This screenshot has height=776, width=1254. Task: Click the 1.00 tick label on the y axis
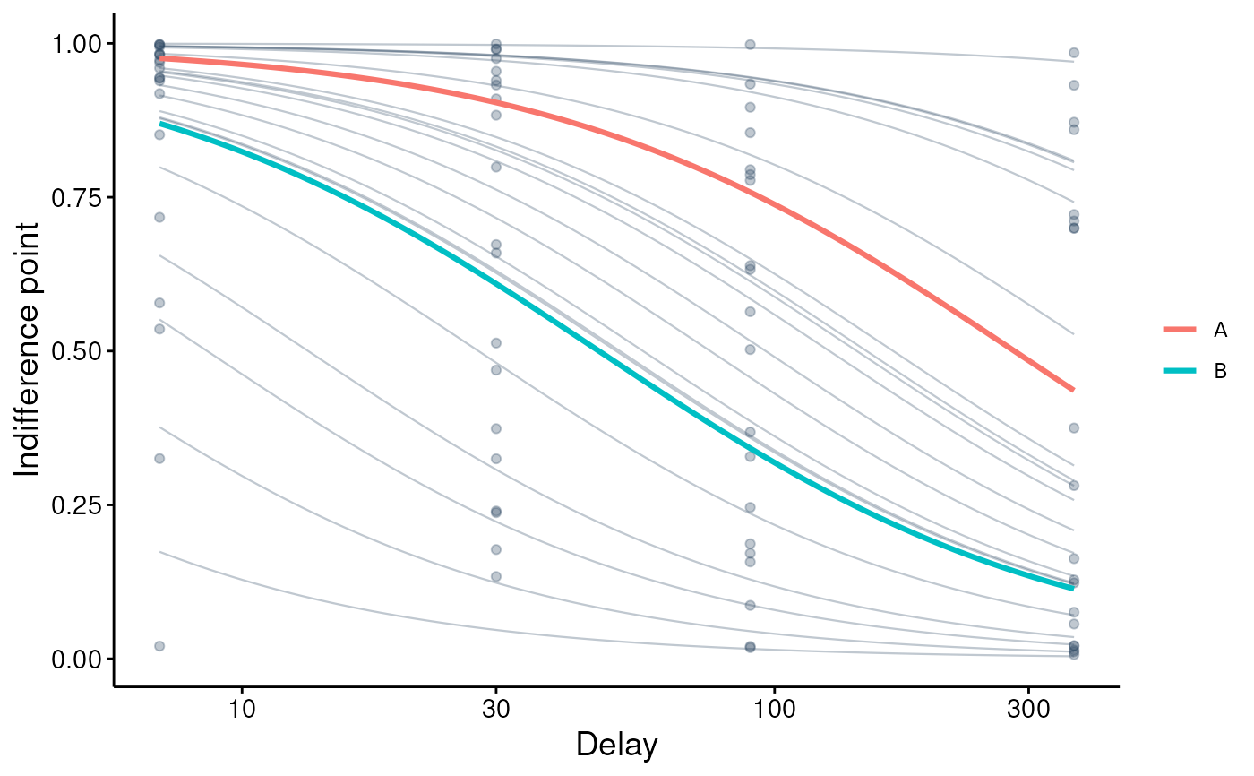coord(76,44)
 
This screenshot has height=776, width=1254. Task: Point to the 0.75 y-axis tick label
coord(76,198)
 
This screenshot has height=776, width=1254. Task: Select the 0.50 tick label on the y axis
coord(76,351)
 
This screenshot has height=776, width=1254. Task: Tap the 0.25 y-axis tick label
coord(76,505)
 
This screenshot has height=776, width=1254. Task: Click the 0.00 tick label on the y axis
coord(76,660)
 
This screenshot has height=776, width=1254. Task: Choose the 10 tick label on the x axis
coord(242,710)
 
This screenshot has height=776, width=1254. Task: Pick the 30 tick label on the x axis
coord(496,710)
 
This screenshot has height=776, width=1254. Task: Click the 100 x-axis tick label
coord(774,710)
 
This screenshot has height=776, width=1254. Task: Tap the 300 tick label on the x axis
coord(1028,710)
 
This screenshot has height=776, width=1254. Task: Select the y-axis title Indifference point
coord(27,350)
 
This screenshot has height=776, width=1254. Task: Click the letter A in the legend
coord(1220,331)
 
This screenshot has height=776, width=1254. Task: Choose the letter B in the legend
coord(1220,371)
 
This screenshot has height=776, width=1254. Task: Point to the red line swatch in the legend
coord(1180,329)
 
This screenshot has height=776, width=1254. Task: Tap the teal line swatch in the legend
coord(1180,371)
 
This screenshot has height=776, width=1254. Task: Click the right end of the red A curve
coord(1073,390)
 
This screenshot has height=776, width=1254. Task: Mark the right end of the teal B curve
coord(1073,588)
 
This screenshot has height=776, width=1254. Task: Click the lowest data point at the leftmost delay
coord(159,646)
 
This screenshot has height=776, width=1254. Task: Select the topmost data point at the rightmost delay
coord(1074,53)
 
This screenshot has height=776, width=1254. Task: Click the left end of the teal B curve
coord(160,123)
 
